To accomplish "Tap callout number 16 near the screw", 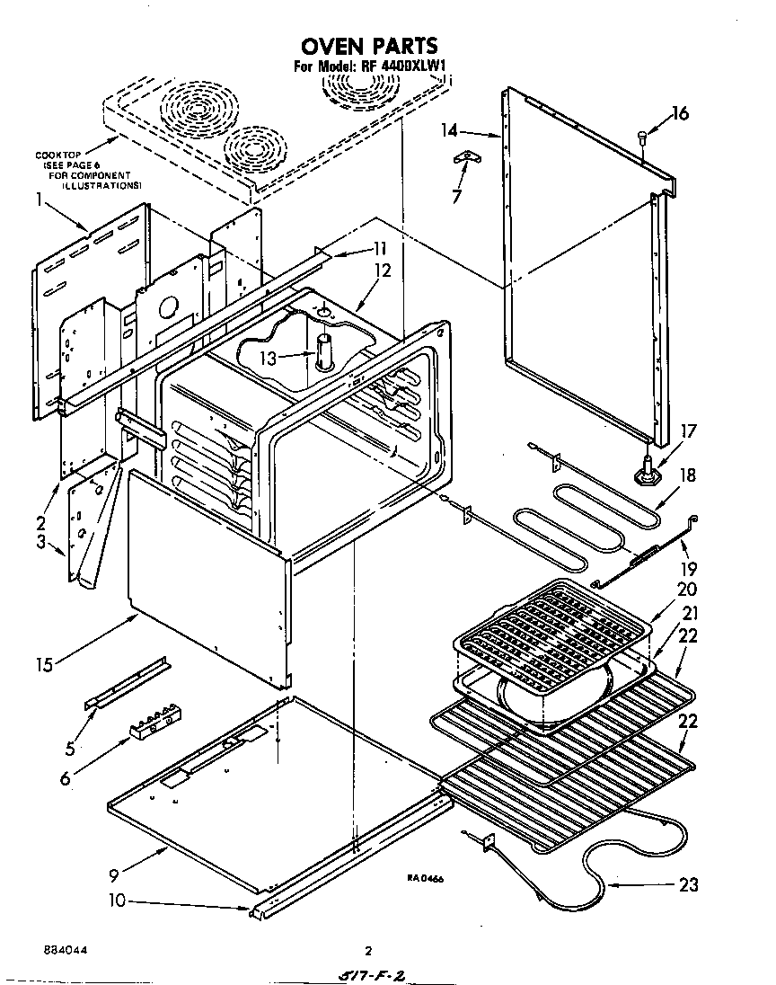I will [x=681, y=113].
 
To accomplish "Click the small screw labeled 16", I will [x=642, y=137].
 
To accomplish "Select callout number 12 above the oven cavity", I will [x=383, y=271].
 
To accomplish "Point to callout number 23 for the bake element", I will [x=687, y=884].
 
